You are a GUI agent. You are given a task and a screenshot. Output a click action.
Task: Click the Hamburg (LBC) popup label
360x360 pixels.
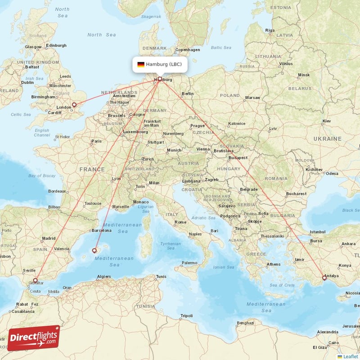tap(160, 64)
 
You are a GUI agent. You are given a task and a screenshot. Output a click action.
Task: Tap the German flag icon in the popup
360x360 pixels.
tap(141, 64)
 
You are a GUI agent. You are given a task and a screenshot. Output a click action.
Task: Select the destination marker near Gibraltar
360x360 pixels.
tap(36, 280)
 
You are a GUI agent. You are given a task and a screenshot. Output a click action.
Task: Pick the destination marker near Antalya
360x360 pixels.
tap(324, 278)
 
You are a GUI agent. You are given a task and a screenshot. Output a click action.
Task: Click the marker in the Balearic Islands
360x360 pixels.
tap(94, 250)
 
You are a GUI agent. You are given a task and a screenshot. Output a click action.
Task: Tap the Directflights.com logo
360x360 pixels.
tap(34, 337)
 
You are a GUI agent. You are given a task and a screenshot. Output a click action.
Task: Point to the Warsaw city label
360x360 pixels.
tap(252, 97)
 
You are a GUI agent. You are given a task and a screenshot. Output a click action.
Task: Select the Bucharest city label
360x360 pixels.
tap(296, 194)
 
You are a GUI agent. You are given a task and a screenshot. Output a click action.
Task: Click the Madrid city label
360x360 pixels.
tap(49, 238)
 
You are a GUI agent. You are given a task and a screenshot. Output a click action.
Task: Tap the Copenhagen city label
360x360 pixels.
tap(187, 50)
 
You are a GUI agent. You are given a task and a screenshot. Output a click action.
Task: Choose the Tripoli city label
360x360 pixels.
tap(186, 316)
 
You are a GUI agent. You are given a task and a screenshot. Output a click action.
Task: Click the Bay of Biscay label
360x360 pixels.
tap(39, 175)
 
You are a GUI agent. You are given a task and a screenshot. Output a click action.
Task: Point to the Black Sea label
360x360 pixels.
tap(351, 210)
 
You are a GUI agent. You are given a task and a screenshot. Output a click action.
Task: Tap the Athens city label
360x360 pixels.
tap(274, 264)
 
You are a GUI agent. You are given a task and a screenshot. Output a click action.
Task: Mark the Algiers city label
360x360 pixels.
tap(104, 276)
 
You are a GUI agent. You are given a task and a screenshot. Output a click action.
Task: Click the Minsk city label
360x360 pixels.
tap(304, 75)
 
